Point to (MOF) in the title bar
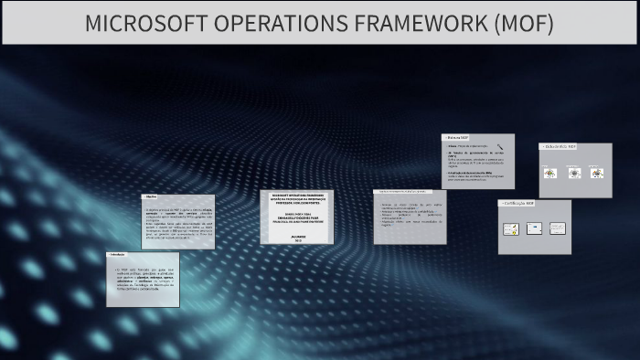pyautogui.click(x=522, y=24)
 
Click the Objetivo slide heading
pyautogui.click(x=152, y=196)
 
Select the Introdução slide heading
pyautogui.click(x=118, y=254)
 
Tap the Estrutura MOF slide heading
pyautogui.click(x=459, y=137)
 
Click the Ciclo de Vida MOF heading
pyautogui.click(x=560, y=146)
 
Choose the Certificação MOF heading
pyautogui.click(x=519, y=204)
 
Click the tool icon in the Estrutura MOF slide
pyautogui.click(x=500, y=146)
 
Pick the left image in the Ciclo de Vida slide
pyautogui.click(x=549, y=172)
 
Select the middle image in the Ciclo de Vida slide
pyautogui.click(x=574, y=172)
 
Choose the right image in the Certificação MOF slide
pyautogui.click(x=557, y=228)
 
